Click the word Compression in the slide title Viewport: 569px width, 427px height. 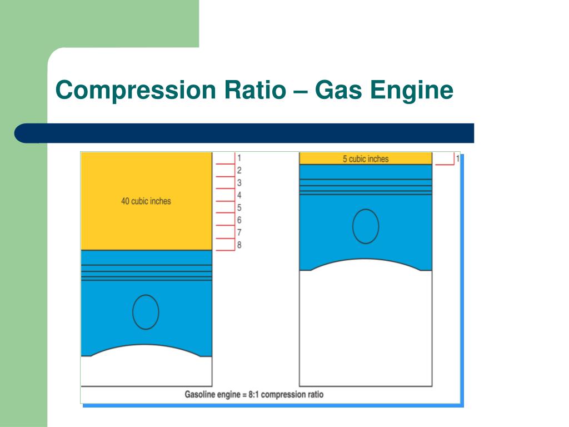[x=136, y=91]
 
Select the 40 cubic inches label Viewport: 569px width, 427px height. [x=146, y=201]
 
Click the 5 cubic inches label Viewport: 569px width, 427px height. [x=366, y=159]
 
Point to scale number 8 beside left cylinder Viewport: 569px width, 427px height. [x=239, y=245]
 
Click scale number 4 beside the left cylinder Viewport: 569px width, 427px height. [x=239, y=196]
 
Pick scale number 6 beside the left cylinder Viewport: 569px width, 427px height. [x=239, y=221]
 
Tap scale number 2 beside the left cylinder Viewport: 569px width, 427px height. [x=239, y=171]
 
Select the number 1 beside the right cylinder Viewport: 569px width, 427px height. [x=458, y=159]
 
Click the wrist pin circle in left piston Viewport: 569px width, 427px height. [x=146, y=312]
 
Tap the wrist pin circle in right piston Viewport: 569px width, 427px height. [x=366, y=226]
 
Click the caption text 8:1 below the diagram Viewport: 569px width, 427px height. [x=249, y=395]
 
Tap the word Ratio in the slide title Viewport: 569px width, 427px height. [x=254, y=91]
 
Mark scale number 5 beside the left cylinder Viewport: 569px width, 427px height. [x=239, y=208]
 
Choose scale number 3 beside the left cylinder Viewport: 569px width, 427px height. [x=239, y=183]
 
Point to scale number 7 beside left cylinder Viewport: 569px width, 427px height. [x=239, y=233]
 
